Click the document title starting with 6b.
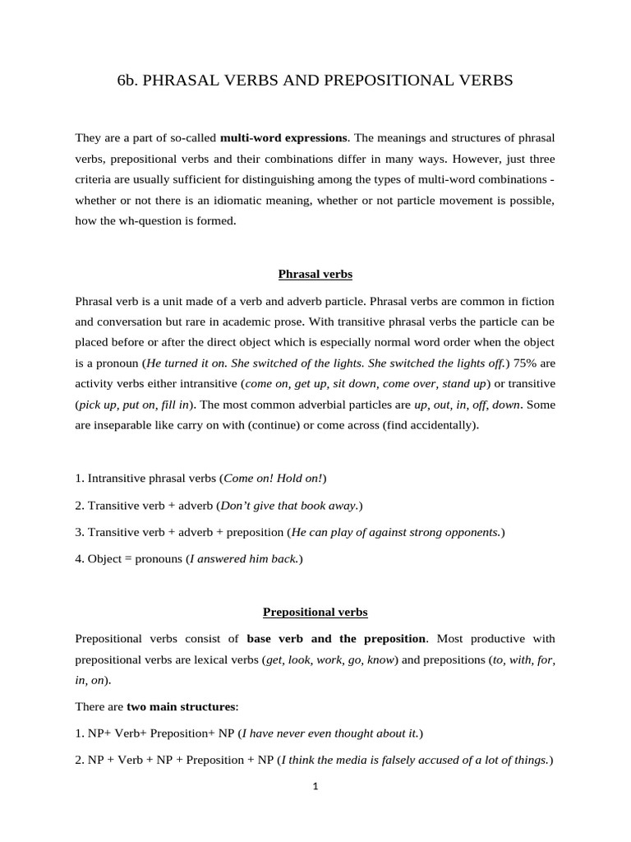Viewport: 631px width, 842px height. tap(315, 80)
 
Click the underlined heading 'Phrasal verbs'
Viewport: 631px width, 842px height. tap(315, 274)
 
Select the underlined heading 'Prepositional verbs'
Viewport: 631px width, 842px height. tap(315, 612)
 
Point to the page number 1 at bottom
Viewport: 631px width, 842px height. tap(315, 785)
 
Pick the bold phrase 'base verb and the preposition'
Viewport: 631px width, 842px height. tap(336, 638)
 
